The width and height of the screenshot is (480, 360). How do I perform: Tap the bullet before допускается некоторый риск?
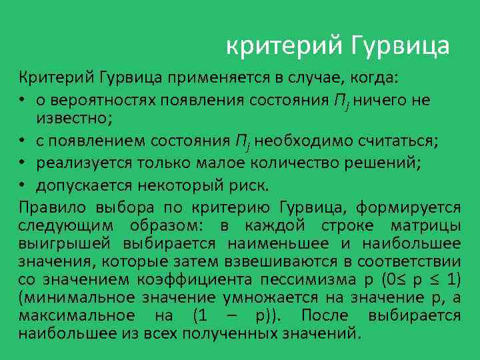22,184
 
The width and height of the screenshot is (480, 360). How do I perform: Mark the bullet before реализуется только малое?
22,163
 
